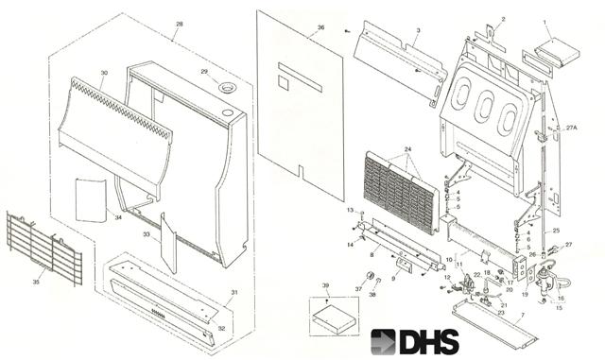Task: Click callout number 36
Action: (321, 28)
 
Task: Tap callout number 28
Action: (180, 22)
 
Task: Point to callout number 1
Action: (544, 20)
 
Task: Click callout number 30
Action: (104, 73)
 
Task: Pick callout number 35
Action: (37, 281)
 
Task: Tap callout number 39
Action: (325, 284)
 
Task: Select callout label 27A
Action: (571, 127)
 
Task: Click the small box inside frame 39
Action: (333, 313)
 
